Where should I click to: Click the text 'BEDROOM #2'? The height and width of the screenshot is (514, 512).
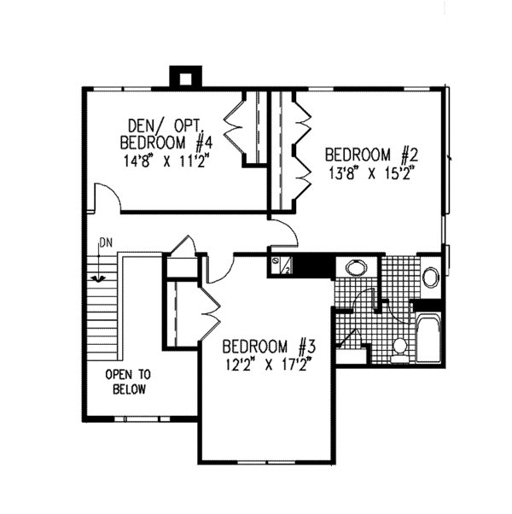(369, 155)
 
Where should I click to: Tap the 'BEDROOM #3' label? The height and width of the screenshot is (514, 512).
(270, 348)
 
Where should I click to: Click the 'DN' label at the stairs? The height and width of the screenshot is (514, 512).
(105, 243)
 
